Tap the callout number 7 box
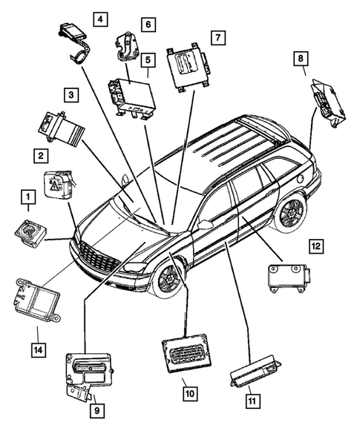pos(217,36)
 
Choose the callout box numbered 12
pos(316,246)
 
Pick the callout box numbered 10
pos(190,393)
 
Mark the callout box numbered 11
pos(254,402)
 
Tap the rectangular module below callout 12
pos(287,277)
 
